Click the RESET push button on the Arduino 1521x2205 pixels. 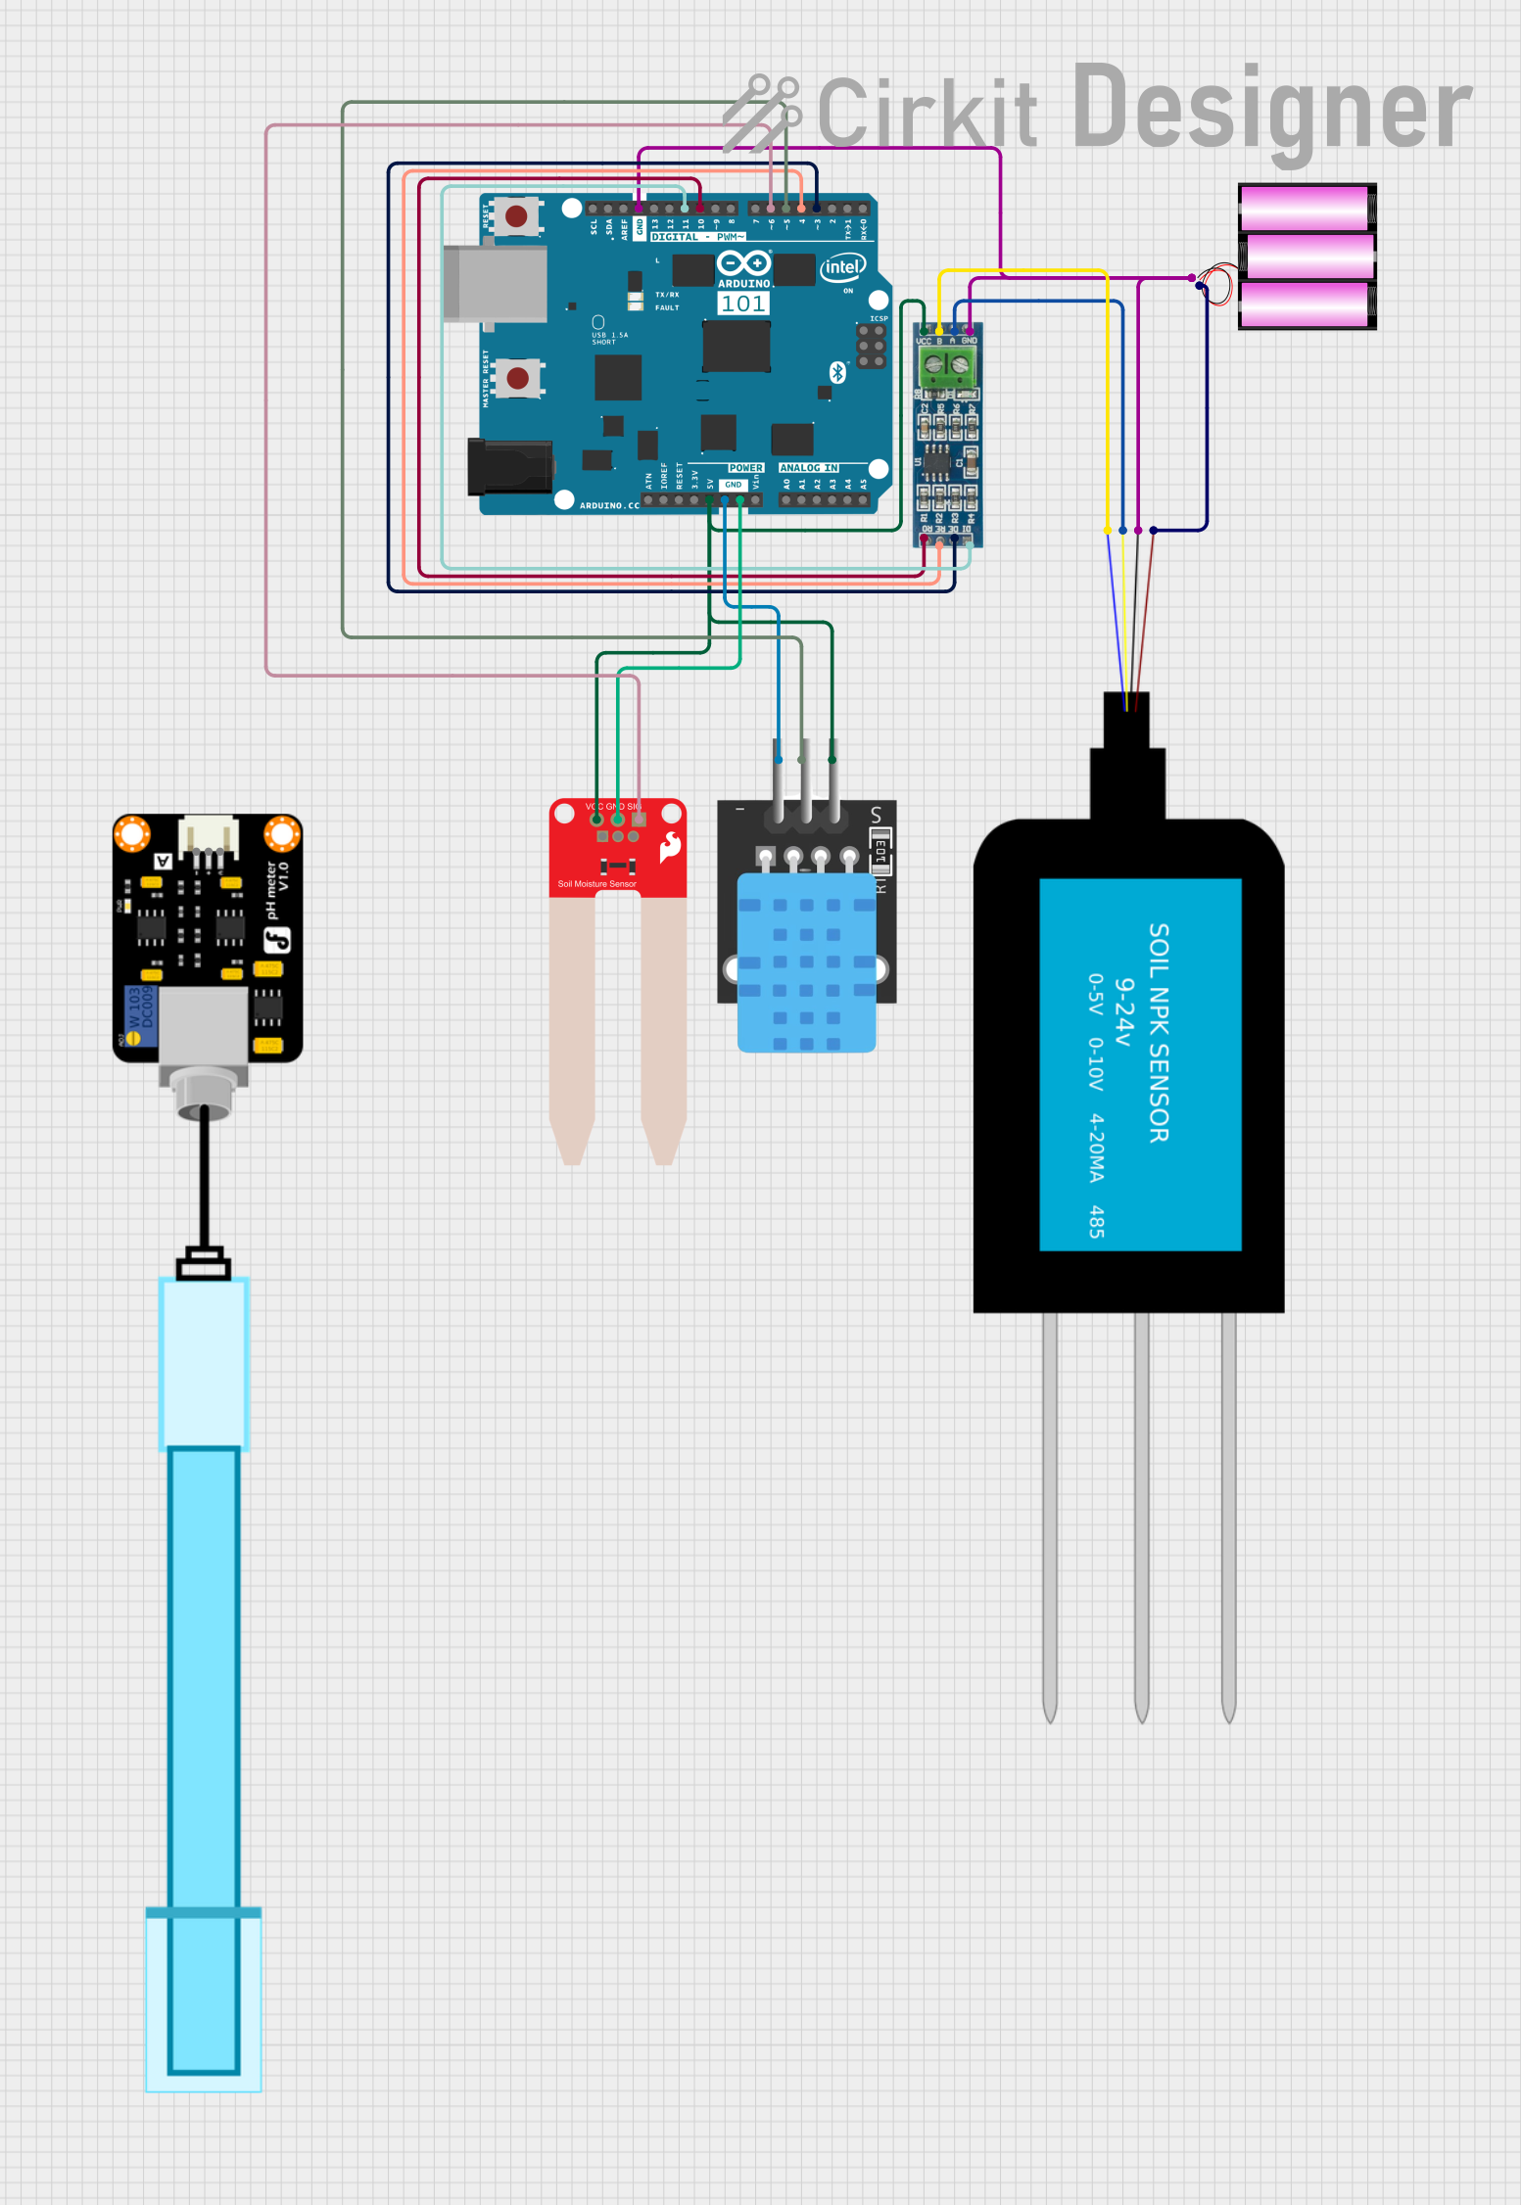point(516,216)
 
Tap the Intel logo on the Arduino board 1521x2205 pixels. point(842,267)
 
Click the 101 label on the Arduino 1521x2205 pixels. point(743,305)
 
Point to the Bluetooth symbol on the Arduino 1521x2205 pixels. point(837,372)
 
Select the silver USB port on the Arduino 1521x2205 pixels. point(495,284)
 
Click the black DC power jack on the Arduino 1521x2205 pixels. point(509,467)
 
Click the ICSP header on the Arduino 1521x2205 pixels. point(871,347)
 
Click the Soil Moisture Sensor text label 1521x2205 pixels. point(596,884)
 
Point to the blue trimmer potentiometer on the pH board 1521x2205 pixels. point(141,1015)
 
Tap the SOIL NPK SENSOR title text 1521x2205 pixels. point(1159,1033)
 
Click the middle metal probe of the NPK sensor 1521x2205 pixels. point(1141,1518)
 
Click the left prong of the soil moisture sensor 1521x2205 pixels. point(572,1028)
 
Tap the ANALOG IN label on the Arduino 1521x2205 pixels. point(809,468)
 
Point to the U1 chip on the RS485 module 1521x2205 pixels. point(937,461)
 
